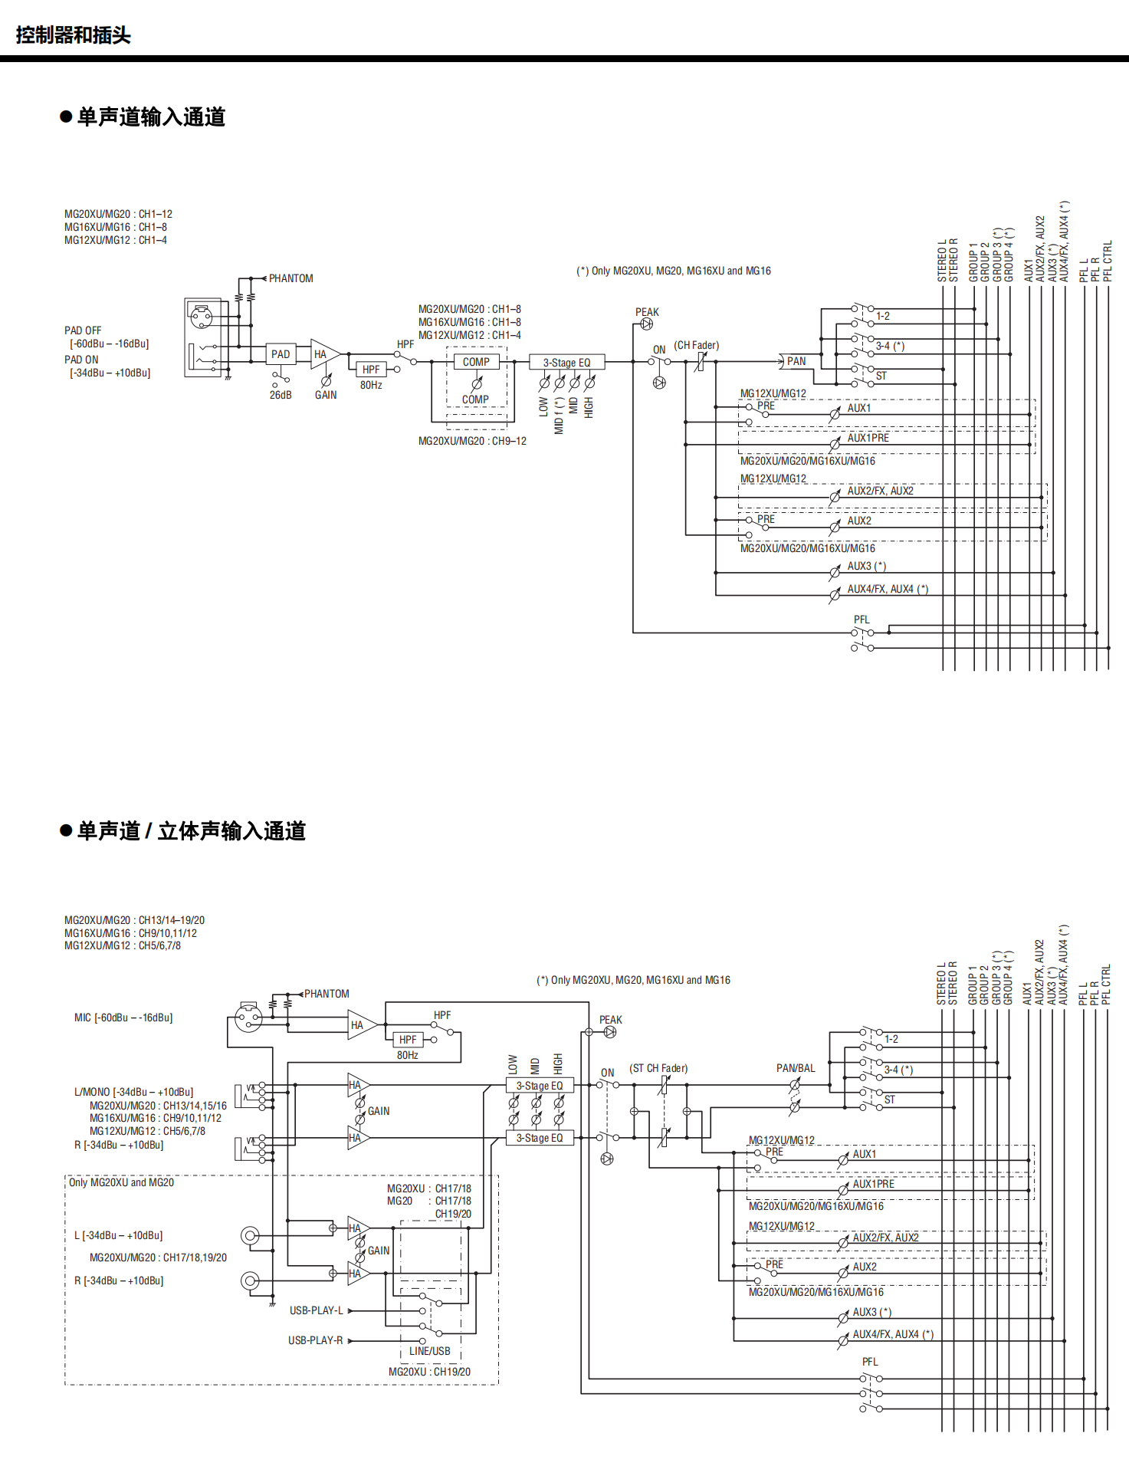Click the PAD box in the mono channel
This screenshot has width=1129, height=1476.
coord(281,354)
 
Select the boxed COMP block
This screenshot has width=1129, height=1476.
coord(476,362)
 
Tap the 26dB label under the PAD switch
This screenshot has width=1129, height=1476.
coord(281,395)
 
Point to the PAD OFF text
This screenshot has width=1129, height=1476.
coord(83,330)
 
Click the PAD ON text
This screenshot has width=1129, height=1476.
coord(81,360)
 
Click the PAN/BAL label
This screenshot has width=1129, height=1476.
coord(796,1068)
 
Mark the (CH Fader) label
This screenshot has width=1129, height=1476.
coord(697,346)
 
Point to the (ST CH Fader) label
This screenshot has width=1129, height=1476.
coord(658,1068)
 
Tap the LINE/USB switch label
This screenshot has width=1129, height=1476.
coord(430,1351)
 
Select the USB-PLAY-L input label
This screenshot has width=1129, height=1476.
coord(317,1310)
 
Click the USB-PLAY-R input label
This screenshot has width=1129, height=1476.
coord(316,1340)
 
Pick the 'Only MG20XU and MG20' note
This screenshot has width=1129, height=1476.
coord(121,1182)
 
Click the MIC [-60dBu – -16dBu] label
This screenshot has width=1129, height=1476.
coord(123,1017)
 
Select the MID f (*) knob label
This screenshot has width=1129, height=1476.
coord(559,415)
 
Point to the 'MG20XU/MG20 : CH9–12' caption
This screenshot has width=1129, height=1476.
coord(472,441)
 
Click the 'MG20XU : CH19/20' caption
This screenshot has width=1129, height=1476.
coord(429,1372)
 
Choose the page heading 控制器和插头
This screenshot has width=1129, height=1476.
coord(74,35)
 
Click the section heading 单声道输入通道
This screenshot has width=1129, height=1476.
coord(151,117)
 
